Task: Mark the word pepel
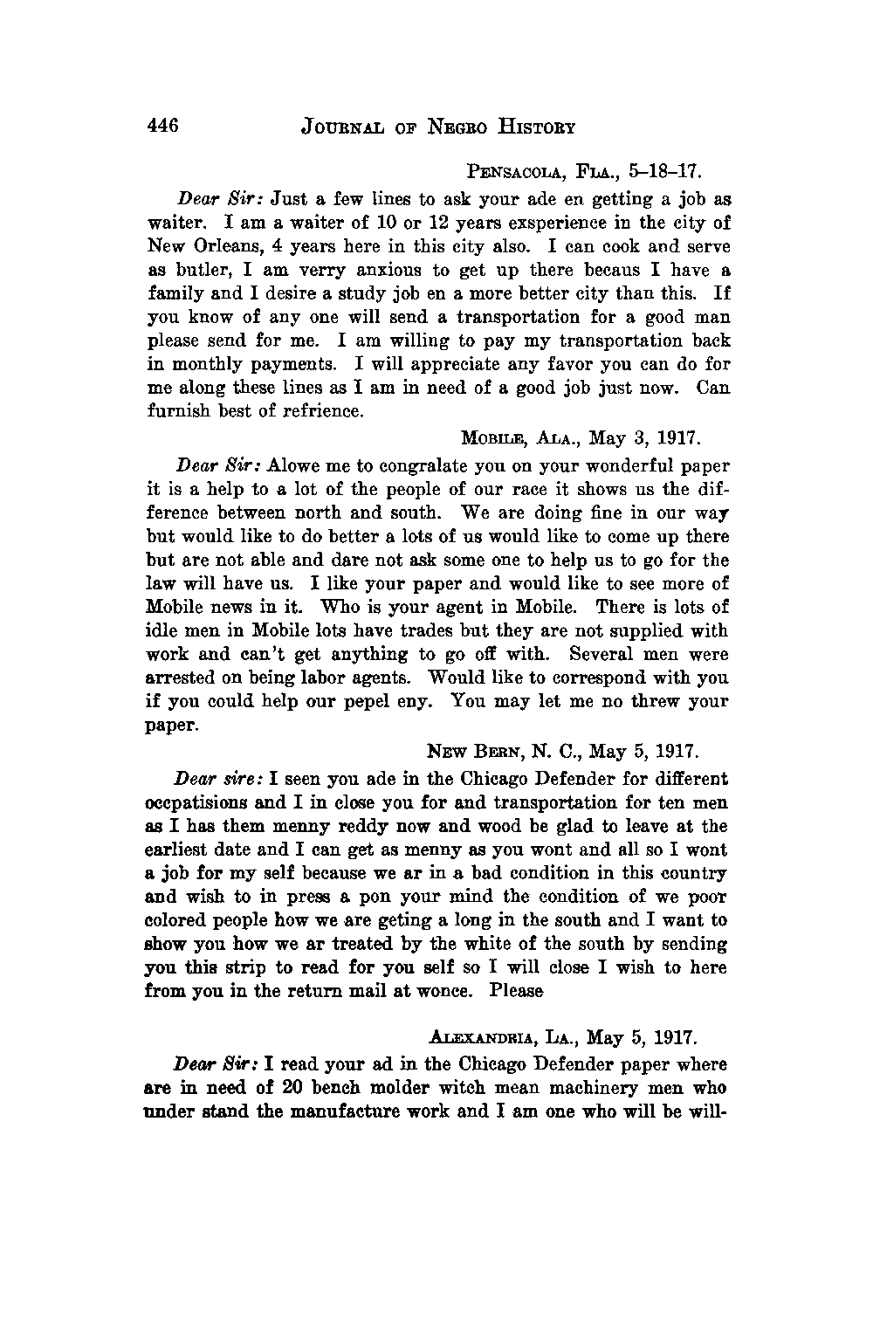337,702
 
